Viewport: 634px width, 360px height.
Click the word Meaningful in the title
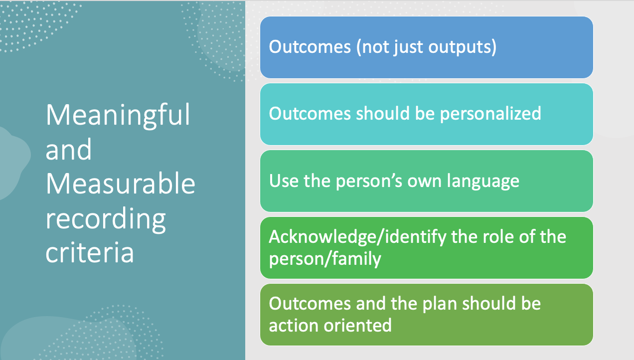[x=118, y=116]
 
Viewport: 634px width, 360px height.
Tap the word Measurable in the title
[x=120, y=183]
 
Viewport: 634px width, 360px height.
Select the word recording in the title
[x=106, y=219]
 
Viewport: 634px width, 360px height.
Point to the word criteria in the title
[x=89, y=252]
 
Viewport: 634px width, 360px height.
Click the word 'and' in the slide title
[x=68, y=149]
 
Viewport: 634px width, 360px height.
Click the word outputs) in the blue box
[x=462, y=47]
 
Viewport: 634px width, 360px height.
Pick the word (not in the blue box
[x=372, y=47]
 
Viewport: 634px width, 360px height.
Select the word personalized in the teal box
[x=490, y=114]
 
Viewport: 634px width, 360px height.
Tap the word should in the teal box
[x=383, y=113]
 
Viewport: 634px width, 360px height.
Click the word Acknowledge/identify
[x=357, y=237]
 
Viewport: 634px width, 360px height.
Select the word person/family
[x=325, y=259]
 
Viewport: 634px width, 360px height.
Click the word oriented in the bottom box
[x=358, y=325]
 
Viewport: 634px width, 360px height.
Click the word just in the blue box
[x=408, y=47]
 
